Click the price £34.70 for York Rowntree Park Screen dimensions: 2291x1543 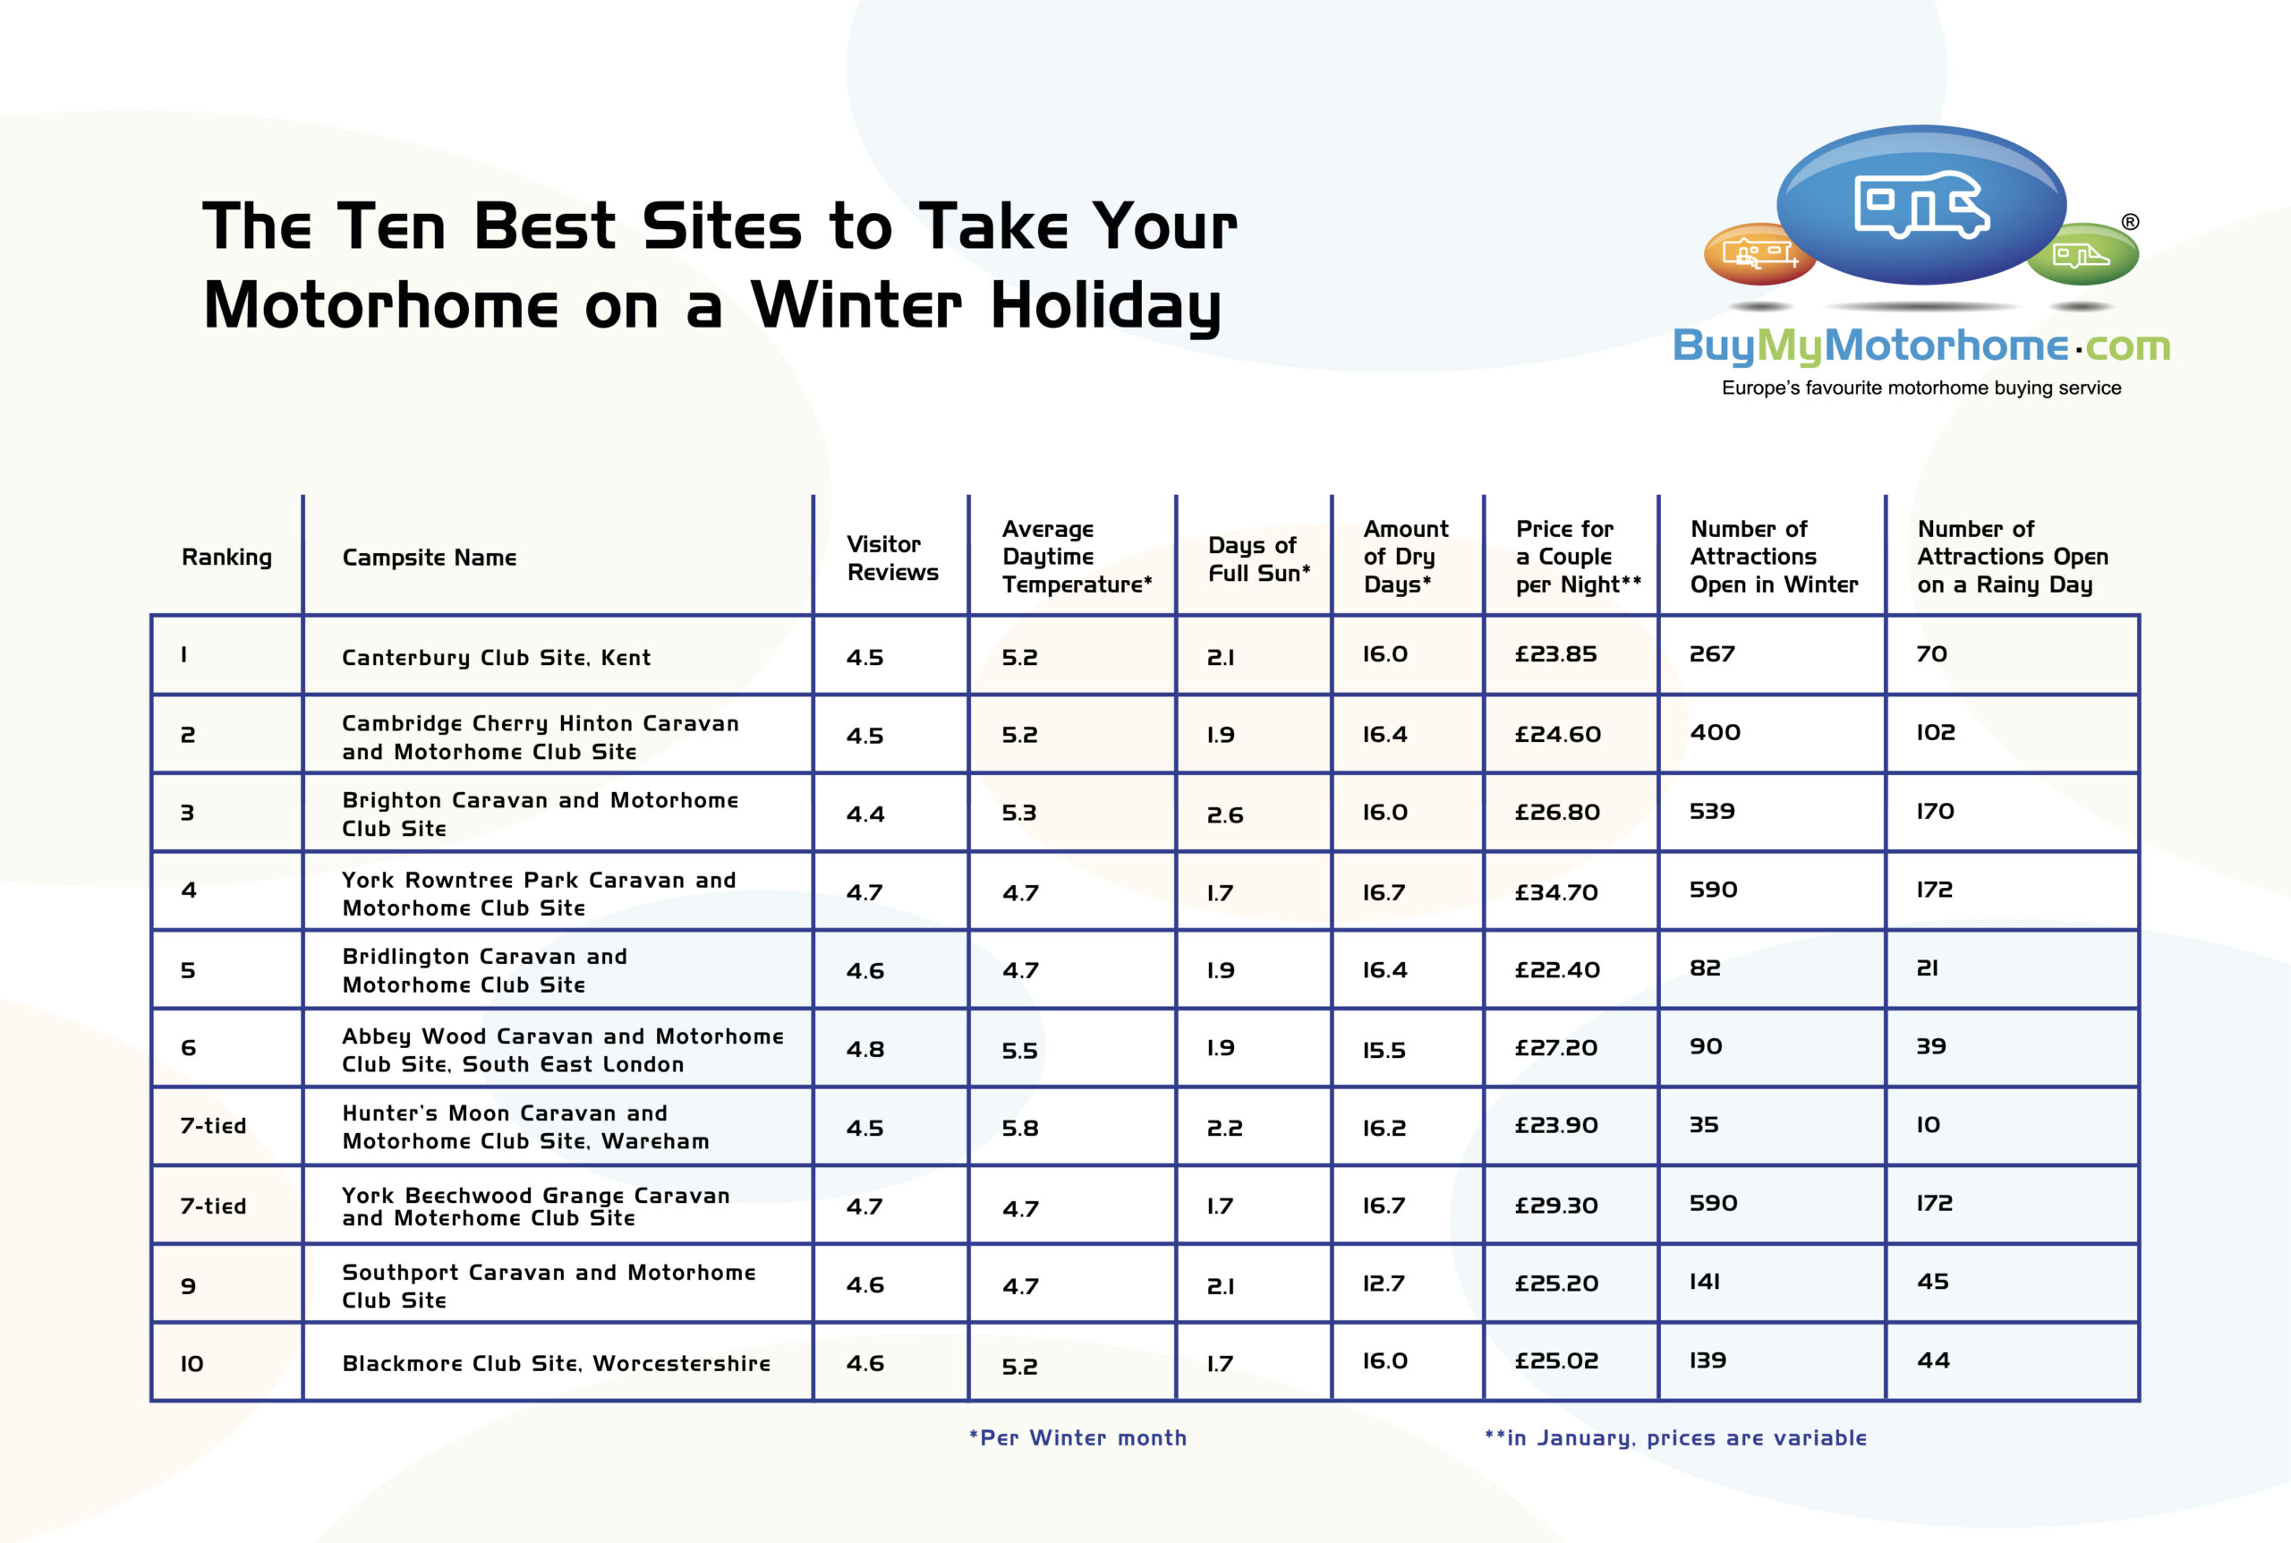1556,892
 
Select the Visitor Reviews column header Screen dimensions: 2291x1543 892,558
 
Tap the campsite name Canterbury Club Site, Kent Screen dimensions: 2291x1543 496,657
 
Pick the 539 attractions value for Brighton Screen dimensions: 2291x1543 1712,812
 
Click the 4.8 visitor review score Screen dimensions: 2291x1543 864,1049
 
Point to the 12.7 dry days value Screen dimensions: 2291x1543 1383,1283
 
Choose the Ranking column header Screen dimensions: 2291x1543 227,558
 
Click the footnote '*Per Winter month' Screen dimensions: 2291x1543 1078,1437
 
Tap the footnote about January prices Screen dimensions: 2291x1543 1675,1437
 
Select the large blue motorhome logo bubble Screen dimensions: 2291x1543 1921,205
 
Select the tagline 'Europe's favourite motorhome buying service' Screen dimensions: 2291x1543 1921,388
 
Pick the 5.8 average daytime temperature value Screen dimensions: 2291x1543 1020,1129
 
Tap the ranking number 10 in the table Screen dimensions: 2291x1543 192,1364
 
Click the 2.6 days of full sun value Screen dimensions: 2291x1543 1224,814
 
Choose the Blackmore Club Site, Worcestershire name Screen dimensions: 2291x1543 556,1364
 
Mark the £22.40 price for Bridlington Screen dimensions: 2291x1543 1557,969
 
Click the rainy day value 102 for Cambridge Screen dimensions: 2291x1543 1935,732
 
